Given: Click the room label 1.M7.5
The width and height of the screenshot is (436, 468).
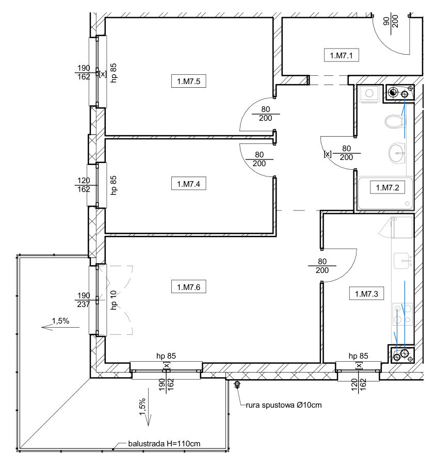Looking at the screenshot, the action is tap(189, 81).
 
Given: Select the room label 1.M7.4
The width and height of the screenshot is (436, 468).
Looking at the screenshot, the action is tap(189, 184).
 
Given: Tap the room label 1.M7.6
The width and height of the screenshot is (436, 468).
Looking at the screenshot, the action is tap(189, 287).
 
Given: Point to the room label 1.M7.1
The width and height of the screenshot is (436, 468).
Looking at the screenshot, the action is tap(342, 55).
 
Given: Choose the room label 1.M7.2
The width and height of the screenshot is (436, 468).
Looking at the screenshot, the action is tap(387, 187).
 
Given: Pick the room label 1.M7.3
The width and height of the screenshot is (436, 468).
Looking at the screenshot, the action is tap(366, 294).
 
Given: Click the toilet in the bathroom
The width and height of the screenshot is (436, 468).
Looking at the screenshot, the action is tap(395, 121).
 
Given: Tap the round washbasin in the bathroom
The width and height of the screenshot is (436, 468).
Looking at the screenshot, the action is tap(397, 153).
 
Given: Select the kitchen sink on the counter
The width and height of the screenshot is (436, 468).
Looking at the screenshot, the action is tap(403, 261).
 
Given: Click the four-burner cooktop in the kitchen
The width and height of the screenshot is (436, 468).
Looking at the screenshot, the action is tap(402, 314).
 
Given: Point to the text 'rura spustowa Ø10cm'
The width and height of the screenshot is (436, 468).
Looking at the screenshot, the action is tap(284, 405).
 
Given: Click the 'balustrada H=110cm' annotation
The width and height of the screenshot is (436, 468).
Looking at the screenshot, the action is tap(164, 444).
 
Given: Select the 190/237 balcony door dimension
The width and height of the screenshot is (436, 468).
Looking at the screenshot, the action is tap(84, 300).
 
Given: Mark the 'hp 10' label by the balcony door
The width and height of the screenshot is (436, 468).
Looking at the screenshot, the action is tap(114, 300).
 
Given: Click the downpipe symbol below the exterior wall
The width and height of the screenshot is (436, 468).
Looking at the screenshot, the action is tap(237, 384).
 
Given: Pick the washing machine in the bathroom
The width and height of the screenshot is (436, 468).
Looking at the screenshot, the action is tap(369, 94).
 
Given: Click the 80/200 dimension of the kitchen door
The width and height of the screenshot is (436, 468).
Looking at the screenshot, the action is tap(322, 266).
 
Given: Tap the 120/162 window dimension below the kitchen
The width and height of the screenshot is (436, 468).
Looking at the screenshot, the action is tap(359, 385).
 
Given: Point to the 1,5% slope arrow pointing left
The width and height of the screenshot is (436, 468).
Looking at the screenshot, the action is tap(60, 328).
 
